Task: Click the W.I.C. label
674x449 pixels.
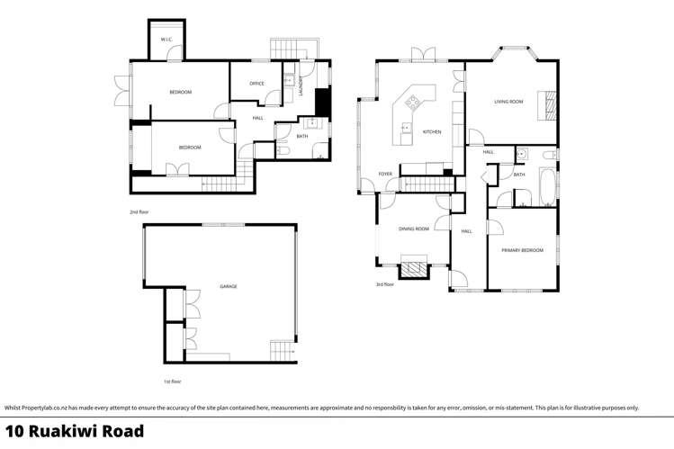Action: (166, 40)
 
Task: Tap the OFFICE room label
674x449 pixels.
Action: (256, 84)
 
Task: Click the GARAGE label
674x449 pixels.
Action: (229, 286)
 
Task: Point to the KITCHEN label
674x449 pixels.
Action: (432, 132)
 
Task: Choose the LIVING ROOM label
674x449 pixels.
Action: (508, 102)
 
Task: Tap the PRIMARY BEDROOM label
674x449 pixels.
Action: (523, 250)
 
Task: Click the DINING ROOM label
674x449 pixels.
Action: (413, 229)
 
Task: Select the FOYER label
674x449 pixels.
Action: (385, 174)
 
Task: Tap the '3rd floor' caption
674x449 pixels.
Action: (385, 284)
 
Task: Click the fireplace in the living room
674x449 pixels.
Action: (545, 105)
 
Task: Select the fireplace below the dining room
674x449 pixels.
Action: (414, 268)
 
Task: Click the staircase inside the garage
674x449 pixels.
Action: (282, 350)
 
